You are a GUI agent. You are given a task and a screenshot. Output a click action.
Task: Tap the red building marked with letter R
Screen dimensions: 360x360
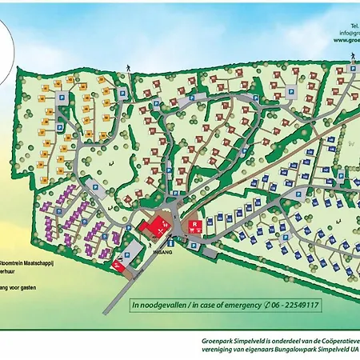[x=194, y=226]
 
